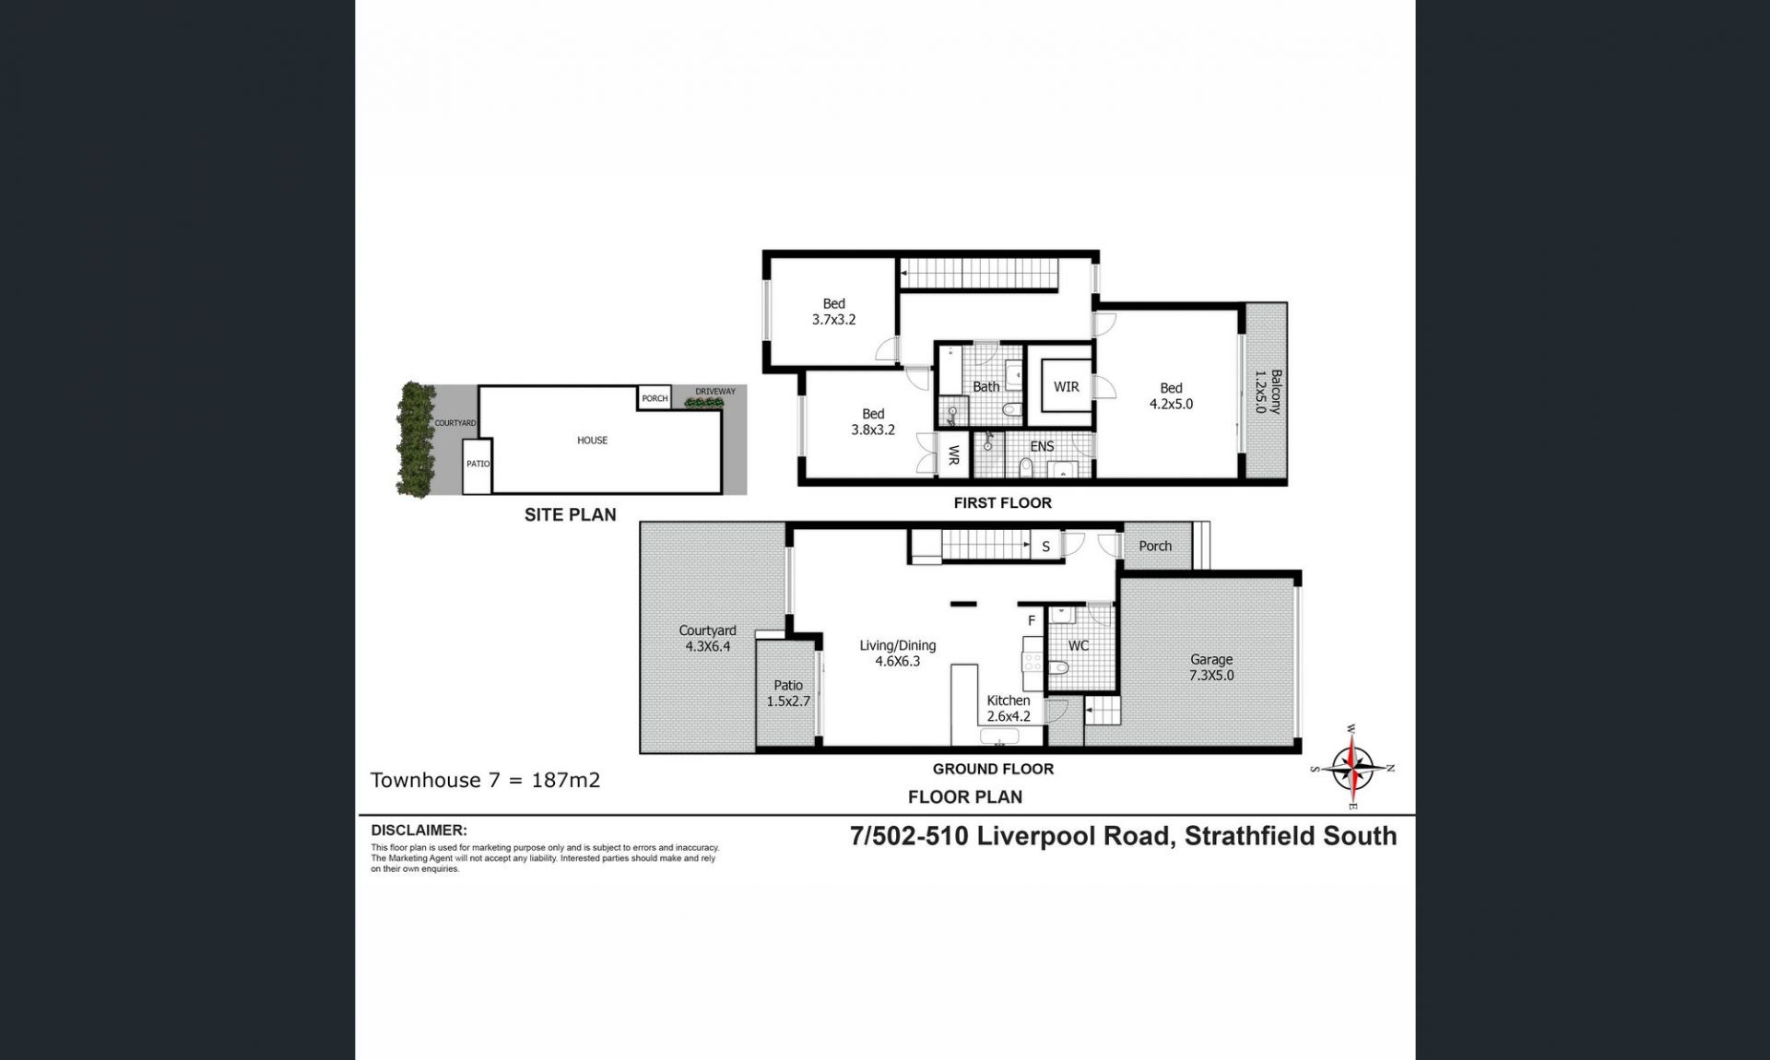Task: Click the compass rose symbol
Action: [1352, 768]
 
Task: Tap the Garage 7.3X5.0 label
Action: [1211, 667]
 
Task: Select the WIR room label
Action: [1067, 387]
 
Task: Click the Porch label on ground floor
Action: [1155, 546]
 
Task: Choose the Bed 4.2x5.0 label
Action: [1171, 396]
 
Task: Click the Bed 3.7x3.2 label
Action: [833, 312]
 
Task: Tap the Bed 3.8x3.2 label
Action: [873, 422]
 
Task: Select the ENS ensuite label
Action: [1042, 446]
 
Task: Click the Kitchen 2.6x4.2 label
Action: [1009, 708]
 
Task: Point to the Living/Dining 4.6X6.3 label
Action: [898, 654]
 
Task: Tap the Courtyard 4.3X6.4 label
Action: [707, 639]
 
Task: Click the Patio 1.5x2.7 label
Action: [788, 693]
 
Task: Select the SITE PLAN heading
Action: [571, 515]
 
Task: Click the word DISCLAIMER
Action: [419, 830]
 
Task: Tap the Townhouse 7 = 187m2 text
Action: [485, 780]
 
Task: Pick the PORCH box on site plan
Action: [655, 398]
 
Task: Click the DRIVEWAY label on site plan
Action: [715, 392]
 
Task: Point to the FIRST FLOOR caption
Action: [1002, 502]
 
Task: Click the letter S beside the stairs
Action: [1046, 547]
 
